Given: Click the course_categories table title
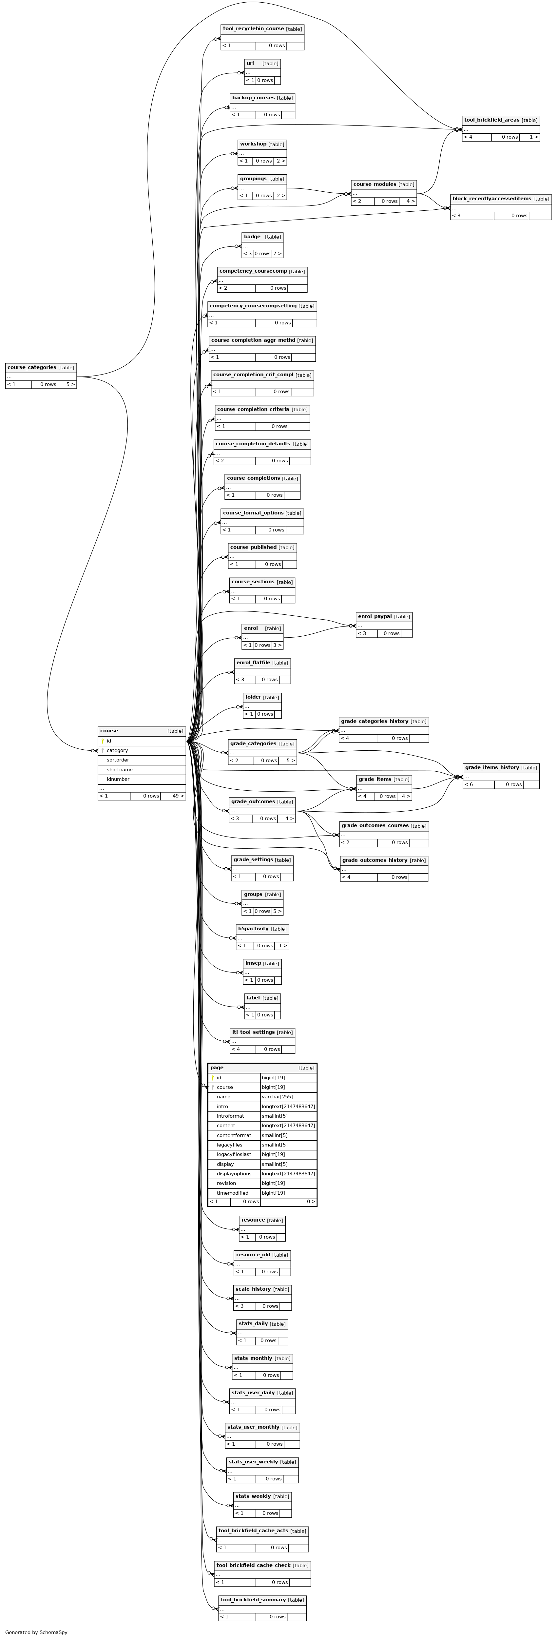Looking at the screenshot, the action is (x=32, y=367).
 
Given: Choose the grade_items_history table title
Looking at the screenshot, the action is (x=492, y=767).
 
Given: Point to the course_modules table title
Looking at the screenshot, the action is (x=375, y=184).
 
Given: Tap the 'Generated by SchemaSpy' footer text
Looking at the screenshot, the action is (x=36, y=1632).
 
